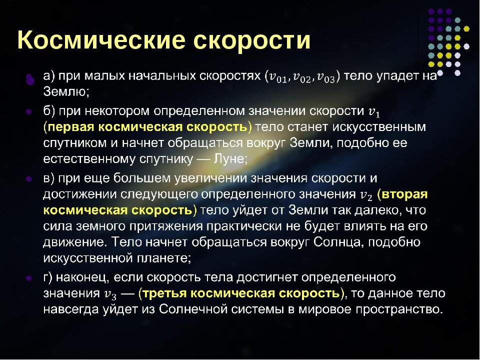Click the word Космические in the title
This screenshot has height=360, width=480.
(101, 40)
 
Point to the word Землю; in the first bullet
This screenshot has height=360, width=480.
(66, 91)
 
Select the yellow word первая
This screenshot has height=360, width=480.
(71, 127)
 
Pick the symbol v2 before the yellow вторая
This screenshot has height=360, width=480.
(366, 195)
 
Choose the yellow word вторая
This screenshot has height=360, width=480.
(404, 194)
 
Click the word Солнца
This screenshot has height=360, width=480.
(339, 242)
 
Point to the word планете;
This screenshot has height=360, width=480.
(164, 258)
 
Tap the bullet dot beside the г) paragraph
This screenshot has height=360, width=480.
(29, 278)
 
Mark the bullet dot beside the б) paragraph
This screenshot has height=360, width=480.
(29, 111)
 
